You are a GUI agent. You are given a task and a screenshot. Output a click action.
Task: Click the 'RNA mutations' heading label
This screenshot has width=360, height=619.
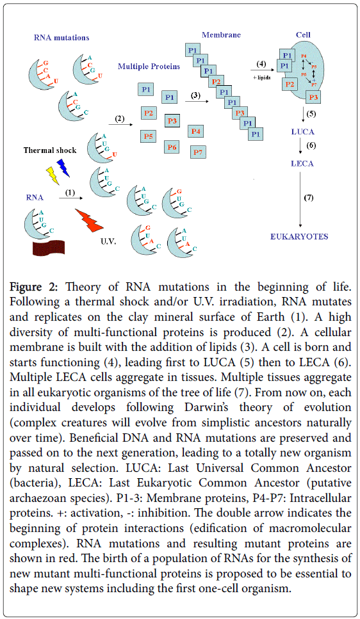(62, 38)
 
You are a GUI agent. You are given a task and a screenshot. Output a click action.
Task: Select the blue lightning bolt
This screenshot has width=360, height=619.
(63, 168)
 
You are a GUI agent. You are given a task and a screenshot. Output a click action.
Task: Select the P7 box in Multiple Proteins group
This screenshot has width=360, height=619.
(199, 152)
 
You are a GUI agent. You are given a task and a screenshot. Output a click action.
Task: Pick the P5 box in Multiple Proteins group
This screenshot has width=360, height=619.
(148, 136)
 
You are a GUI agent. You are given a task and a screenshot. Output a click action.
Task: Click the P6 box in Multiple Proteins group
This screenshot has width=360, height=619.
(172, 147)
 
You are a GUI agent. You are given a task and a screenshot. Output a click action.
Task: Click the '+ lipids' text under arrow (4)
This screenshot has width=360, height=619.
(260, 76)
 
